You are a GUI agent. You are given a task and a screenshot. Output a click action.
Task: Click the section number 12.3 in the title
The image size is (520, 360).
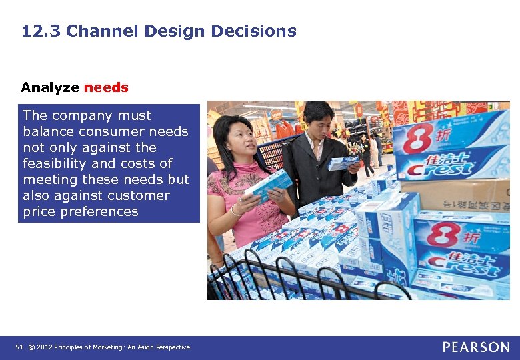pyautogui.click(x=41, y=31)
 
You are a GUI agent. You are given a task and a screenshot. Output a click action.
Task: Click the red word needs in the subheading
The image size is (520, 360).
pyautogui.click(x=106, y=87)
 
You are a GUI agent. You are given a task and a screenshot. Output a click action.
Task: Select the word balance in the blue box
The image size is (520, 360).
pyautogui.click(x=47, y=131)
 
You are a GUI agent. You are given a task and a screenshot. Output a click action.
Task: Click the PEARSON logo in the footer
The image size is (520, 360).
pyautogui.click(x=476, y=347)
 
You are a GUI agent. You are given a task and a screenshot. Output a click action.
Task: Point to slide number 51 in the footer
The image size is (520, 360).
pyautogui.click(x=19, y=347)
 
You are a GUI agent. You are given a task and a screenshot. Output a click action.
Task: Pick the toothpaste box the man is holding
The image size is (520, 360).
pyautogui.click(x=343, y=162)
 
